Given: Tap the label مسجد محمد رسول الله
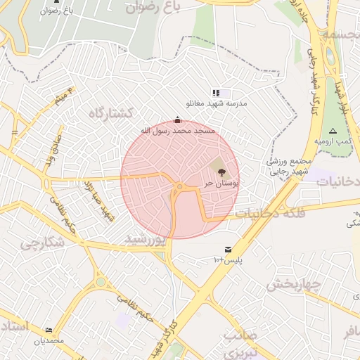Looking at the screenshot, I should tap(176, 131).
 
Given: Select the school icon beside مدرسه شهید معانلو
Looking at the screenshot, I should tap(216, 93).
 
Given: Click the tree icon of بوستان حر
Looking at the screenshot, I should tap(221, 171).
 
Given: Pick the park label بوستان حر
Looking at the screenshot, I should tap(222, 183).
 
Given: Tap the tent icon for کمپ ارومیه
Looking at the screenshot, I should tap(333, 131).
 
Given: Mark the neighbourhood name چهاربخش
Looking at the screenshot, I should tap(293, 285).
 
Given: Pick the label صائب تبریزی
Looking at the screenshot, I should tap(240, 342).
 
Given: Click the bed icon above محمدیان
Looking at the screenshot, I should tap(49, 330).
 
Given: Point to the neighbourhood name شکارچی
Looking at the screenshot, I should tap(41, 243).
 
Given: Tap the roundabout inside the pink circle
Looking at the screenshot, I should tap(180, 186).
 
